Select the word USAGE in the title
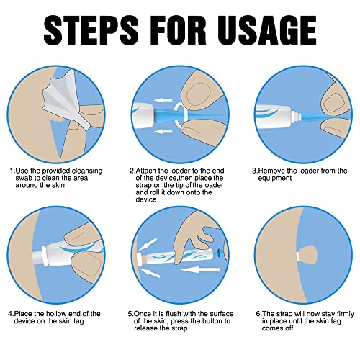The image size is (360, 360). click(273, 30)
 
